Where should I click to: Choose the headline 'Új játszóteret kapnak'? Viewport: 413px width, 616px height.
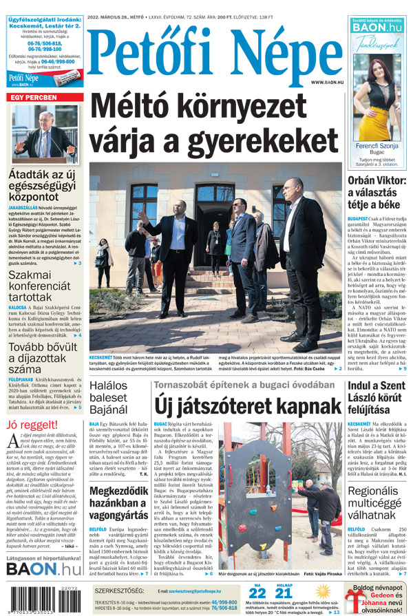[248, 406]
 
